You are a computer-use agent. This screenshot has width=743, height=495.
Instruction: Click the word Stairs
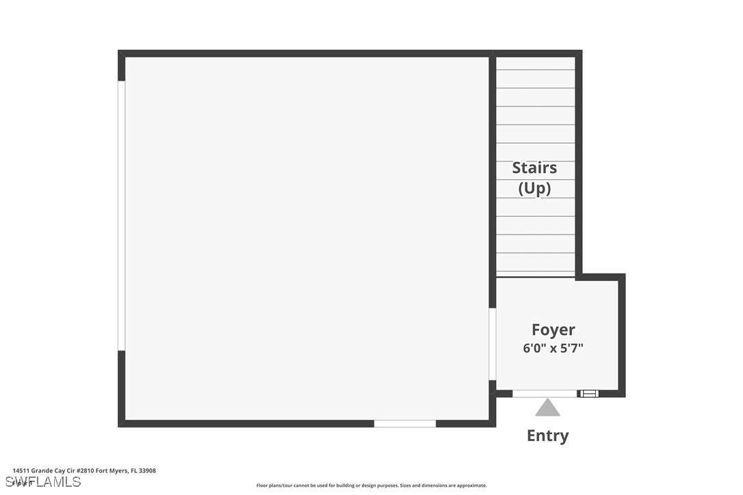tap(534, 168)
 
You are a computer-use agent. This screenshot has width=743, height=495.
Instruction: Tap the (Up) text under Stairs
tap(534, 188)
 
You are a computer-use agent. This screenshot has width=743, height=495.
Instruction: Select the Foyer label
tap(553, 330)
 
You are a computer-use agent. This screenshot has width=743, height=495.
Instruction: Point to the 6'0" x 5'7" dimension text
tap(553, 348)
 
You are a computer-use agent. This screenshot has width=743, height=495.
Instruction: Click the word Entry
tap(547, 436)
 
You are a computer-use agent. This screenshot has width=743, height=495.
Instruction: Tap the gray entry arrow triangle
tap(547, 408)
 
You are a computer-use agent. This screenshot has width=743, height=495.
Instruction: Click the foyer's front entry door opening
tap(545, 393)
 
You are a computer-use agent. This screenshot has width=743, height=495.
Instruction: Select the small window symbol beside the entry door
tap(588, 393)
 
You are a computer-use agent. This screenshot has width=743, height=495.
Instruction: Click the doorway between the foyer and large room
tap(492, 343)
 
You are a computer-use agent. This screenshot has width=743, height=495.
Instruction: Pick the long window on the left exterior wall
tap(122, 215)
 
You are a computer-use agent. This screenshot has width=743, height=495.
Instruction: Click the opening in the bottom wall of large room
tap(404, 424)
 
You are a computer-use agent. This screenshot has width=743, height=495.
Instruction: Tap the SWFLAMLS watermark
tap(42, 482)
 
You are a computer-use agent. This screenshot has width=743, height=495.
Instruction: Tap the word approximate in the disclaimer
tap(471, 485)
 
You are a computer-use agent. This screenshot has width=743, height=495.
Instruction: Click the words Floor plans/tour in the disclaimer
tap(274, 485)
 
